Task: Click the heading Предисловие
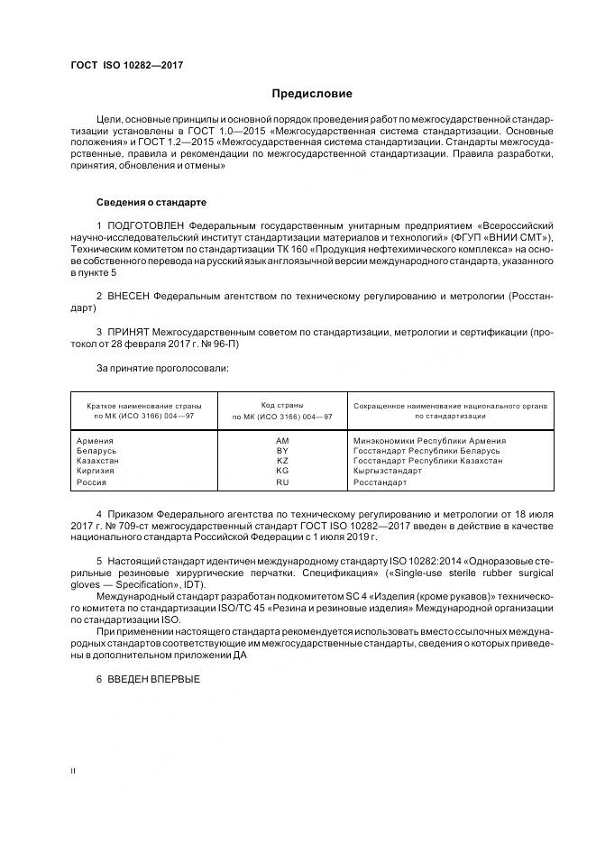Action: coord(313,93)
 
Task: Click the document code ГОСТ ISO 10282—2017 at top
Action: coord(127,66)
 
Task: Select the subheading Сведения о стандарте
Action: coord(151,202)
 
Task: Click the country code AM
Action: coord(282,441)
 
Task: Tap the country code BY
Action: coord(282,451)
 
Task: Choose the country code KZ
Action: coord(282,461)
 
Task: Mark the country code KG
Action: coord(282,471)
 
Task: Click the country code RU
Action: coord(282,482)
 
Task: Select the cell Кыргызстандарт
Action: coord(389,471)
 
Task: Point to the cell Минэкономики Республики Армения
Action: coord(430,441)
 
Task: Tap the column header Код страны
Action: coord(282,406)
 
